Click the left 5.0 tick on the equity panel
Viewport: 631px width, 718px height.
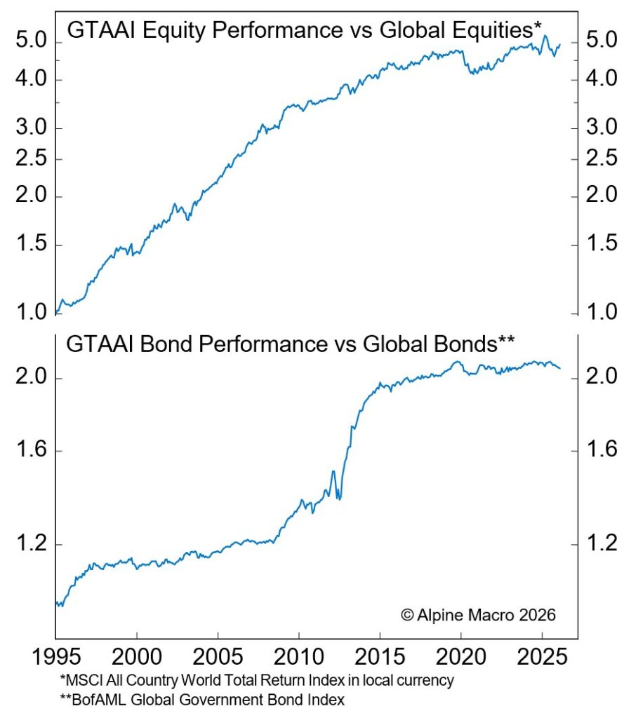(29, 42)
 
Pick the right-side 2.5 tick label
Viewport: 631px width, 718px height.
(600, 158)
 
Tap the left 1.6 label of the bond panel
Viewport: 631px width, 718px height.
(29, 451)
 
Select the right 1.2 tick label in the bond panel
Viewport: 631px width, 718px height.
(600, 544)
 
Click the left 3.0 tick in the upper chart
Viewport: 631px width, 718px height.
(29, 128)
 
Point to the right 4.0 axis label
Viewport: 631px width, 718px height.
(600, 79)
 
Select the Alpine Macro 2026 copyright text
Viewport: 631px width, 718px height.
(478, 615)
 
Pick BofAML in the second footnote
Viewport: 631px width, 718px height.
(91, 698)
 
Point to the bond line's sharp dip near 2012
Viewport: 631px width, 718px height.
(339, 499)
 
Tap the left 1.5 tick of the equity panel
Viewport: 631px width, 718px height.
(29, 245)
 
